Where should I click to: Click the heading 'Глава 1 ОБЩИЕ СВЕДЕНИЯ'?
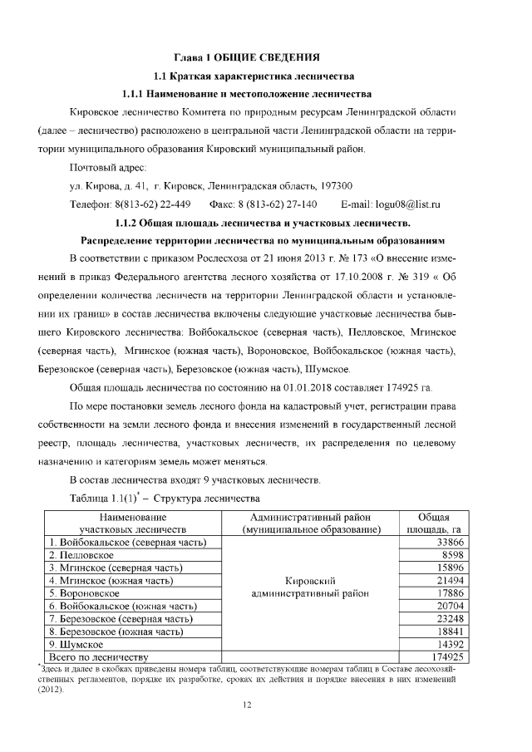pos(246,57)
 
